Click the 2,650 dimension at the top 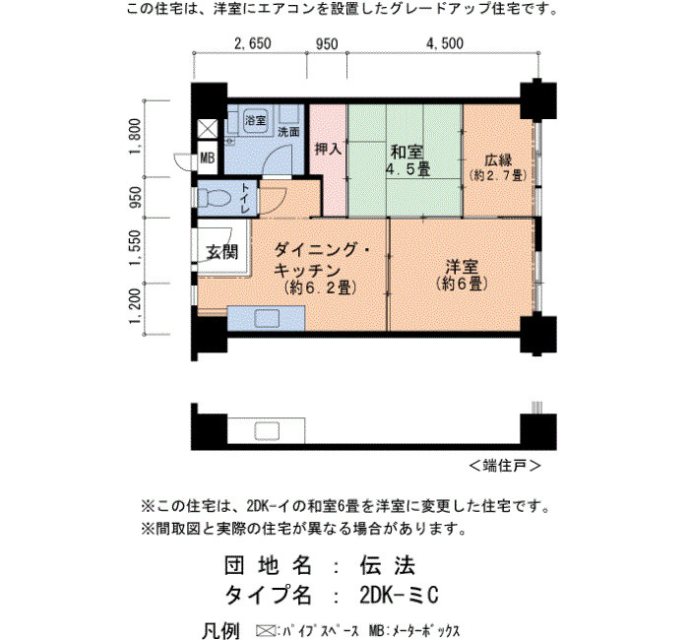click(x=253, y=43)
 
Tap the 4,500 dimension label click(x=445, y=43)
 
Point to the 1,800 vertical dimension click(x=135, y=137)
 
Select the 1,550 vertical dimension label click(x=135, y=248)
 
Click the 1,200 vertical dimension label click(x=135, y=306)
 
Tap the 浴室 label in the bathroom click(x=255, y=119)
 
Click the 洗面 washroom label click(x=288, y=131)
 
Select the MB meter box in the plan click(x=208, y=158)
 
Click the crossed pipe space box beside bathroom click(x=207, y=129)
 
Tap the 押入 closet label click(x=328, y=149)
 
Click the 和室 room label click(x=407, y=152)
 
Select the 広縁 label click(x=498, y=160)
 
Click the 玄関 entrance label click(x=222, y=252)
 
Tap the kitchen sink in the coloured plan click(x=267, y=318)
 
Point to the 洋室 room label click(x=462, y=267)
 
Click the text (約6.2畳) click(x=320, y=288)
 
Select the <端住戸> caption click(x=505, y=466)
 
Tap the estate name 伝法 click(x=388, y=565)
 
